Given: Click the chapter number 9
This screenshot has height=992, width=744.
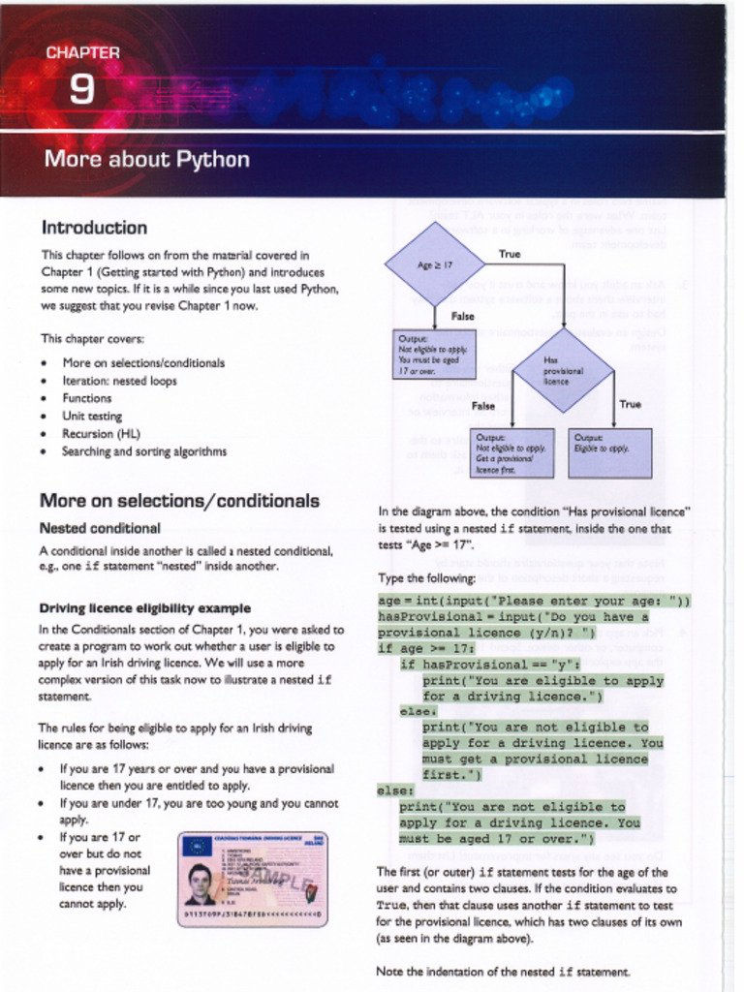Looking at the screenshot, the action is (x=82, y=89).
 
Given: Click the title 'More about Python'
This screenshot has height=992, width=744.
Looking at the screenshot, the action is (x=146, y=159).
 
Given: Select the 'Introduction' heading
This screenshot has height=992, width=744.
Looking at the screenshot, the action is (x=94, y=228).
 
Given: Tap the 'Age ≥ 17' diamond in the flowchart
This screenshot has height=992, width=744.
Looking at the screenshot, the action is (x=435, y=264).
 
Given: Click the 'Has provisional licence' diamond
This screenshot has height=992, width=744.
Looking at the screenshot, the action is (x=563, y=370).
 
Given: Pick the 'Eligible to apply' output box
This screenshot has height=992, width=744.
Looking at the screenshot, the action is (x=609, y=452).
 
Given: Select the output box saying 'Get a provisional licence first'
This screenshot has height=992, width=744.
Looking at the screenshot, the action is (x=511, y=452).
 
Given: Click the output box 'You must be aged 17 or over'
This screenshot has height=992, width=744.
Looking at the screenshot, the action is (x=434, y=354).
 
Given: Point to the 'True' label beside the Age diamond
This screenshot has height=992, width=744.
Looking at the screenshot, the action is (x=510, y=254).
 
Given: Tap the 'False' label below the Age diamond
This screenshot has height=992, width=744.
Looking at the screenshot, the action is (x=462, y=316).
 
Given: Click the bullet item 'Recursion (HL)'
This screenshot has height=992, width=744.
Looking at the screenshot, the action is (x=102, y=433).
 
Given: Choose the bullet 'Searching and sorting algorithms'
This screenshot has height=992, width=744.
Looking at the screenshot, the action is (x=143, y=450).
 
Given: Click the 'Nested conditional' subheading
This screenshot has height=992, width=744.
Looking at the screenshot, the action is (x=100, y=528).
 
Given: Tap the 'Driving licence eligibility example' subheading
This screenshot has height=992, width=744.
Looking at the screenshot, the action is (x=144, y=608).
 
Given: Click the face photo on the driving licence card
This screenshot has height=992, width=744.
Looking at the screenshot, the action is (x=200, y=883).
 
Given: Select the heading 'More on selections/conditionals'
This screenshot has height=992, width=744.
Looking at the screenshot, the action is (x=179, y=501).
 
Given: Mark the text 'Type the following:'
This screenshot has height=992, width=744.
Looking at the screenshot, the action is (x=426, y=578).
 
